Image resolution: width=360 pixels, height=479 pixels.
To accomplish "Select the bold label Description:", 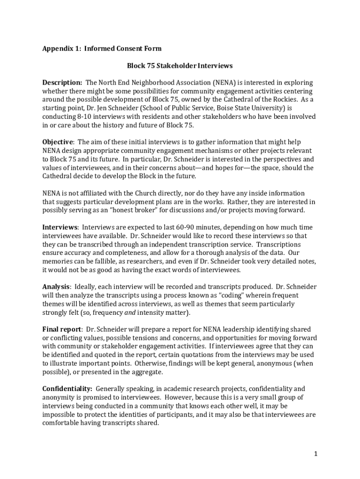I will point(62,83).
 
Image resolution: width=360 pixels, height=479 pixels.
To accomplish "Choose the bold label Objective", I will point(58,142).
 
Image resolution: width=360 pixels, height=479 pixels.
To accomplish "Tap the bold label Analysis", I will point(56,286).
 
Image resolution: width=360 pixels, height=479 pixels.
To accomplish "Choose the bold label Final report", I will point(62,329).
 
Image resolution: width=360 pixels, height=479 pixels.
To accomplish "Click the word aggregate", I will point(146,372).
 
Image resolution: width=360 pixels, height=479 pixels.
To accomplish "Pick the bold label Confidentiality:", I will point(67,389).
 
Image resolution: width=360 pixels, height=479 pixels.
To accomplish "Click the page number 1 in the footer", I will point(316,454).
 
